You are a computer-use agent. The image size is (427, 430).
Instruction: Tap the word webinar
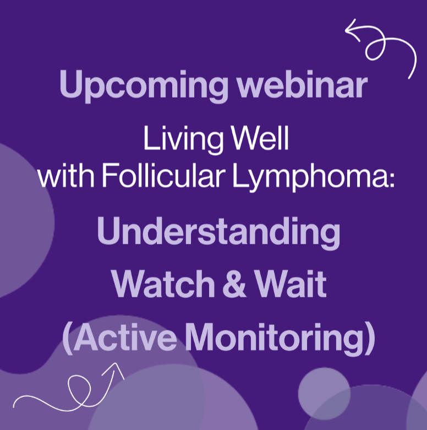[302, 84]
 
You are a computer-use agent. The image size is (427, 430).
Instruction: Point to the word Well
[260, 138]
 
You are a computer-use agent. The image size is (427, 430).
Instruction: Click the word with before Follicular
[66, 175]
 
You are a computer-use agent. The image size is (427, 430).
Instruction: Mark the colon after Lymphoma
[391, 179]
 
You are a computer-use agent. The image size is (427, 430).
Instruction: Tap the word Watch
[163, 283]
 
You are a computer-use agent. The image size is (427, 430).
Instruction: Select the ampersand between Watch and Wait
[234, 283]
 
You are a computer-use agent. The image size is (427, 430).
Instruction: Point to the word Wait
[290, 283]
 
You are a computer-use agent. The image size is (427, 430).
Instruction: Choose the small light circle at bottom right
[324, 394]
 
